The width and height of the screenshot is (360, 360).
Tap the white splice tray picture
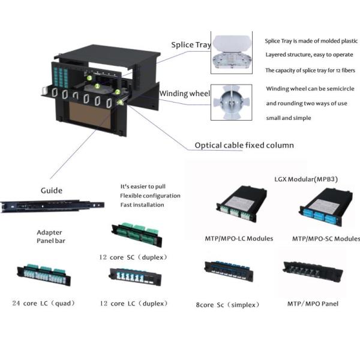(230, 53)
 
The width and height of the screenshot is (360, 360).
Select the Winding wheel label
(185, 94)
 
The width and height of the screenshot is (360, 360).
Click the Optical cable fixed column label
(244, 145)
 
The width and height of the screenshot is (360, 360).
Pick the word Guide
(51, 190)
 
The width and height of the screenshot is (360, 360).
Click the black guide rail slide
(52, 206)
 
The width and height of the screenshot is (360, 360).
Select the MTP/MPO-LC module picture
(240, 208)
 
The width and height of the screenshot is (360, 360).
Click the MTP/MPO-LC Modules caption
(239, 238)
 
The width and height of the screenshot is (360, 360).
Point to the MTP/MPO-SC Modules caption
(326, 238)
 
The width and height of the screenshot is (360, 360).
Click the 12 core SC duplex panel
(136, 232)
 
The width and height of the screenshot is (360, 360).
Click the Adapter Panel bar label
(49, 236)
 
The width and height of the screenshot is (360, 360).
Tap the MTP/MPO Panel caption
(313, 304)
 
